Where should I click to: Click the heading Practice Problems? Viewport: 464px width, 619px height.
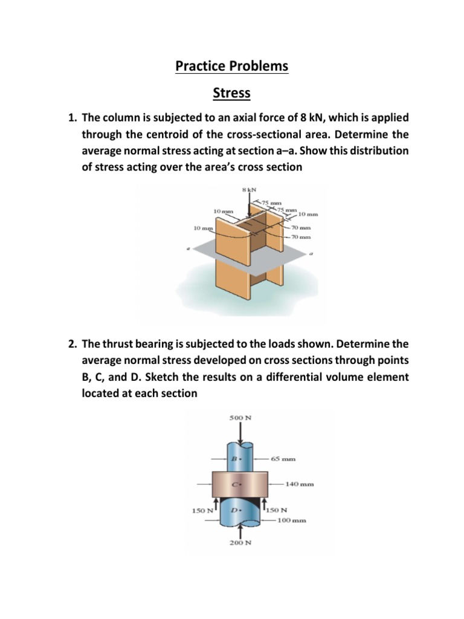coord(232,66)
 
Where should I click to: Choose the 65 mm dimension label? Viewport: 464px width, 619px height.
coord(283,459)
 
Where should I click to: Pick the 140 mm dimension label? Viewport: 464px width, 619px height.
coord(300,484)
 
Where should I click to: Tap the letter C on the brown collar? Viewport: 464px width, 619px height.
coord(237,484)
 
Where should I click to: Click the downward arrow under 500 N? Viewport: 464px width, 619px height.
coord(241,433)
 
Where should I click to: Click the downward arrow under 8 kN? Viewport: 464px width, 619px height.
coord(250,206)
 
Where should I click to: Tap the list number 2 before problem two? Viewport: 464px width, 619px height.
coord(71,344)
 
